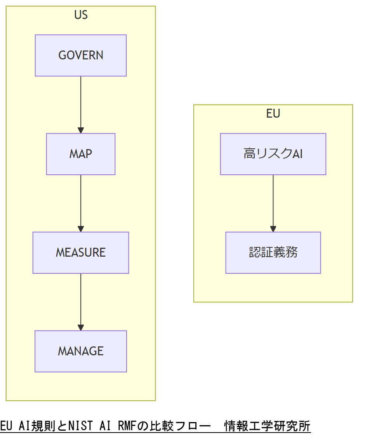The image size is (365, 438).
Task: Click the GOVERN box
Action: pyautogui.click(x=81, y=56)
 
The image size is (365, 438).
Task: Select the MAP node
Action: pyautogui.click(x=81, y=154)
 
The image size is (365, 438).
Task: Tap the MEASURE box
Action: pyautogui.click(x=81, y=253)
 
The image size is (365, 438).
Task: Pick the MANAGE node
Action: pyautogui.click(x=81, y=351)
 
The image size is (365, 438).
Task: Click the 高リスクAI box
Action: pyautogui.click(x=273, y=154)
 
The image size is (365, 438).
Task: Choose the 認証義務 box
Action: pyautogui.click(x=273, y=253)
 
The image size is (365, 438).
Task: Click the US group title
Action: pyautogui.click(x=81, y=15)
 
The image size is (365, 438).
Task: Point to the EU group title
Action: pyautogui.click(x=273, y=114)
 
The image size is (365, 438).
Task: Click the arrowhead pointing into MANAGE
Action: pyautogui.click(x=81, y=327)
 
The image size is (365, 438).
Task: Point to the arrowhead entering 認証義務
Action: pyautogui.click(x=273, y=229)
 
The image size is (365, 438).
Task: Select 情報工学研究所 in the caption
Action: pyautogui.click(x=268, y=426)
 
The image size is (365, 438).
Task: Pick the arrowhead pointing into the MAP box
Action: pyautogui.click(x=81, y=130)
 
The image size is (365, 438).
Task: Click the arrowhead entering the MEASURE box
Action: pyautogui.click(x=81, y=229)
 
